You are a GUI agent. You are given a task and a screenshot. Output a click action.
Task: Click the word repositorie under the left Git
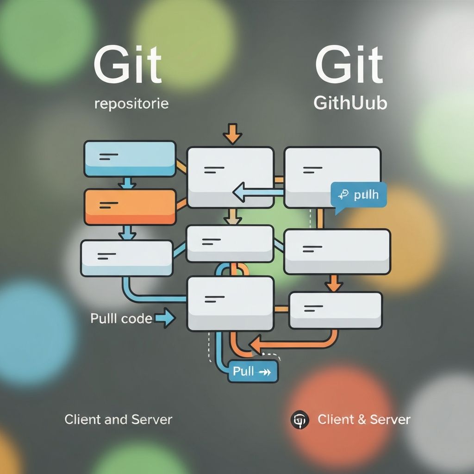[131, 103]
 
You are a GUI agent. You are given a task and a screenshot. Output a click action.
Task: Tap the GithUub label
[350, 103]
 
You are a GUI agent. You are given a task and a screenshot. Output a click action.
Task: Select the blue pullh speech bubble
[359, 195]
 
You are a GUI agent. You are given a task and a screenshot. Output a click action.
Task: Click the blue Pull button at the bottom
[253, 371]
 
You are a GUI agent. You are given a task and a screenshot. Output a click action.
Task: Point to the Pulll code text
[121, 318]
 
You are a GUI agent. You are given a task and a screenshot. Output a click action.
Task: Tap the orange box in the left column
[130, 206]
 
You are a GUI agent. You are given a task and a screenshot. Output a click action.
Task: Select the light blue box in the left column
[130, 159]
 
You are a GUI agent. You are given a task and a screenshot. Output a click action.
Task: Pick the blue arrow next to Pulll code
[165, 318]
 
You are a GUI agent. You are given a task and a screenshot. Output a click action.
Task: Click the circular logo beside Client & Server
[299, 419]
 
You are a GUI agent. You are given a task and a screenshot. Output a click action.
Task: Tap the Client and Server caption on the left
[118, 419]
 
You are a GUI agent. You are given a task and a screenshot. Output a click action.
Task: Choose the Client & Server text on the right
[364, 419]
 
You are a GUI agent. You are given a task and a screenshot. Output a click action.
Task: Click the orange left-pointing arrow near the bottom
[259, 343]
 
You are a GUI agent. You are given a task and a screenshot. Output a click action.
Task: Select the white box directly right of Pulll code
[230, 304]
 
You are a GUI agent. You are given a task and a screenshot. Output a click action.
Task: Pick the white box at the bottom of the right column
[336, 310]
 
